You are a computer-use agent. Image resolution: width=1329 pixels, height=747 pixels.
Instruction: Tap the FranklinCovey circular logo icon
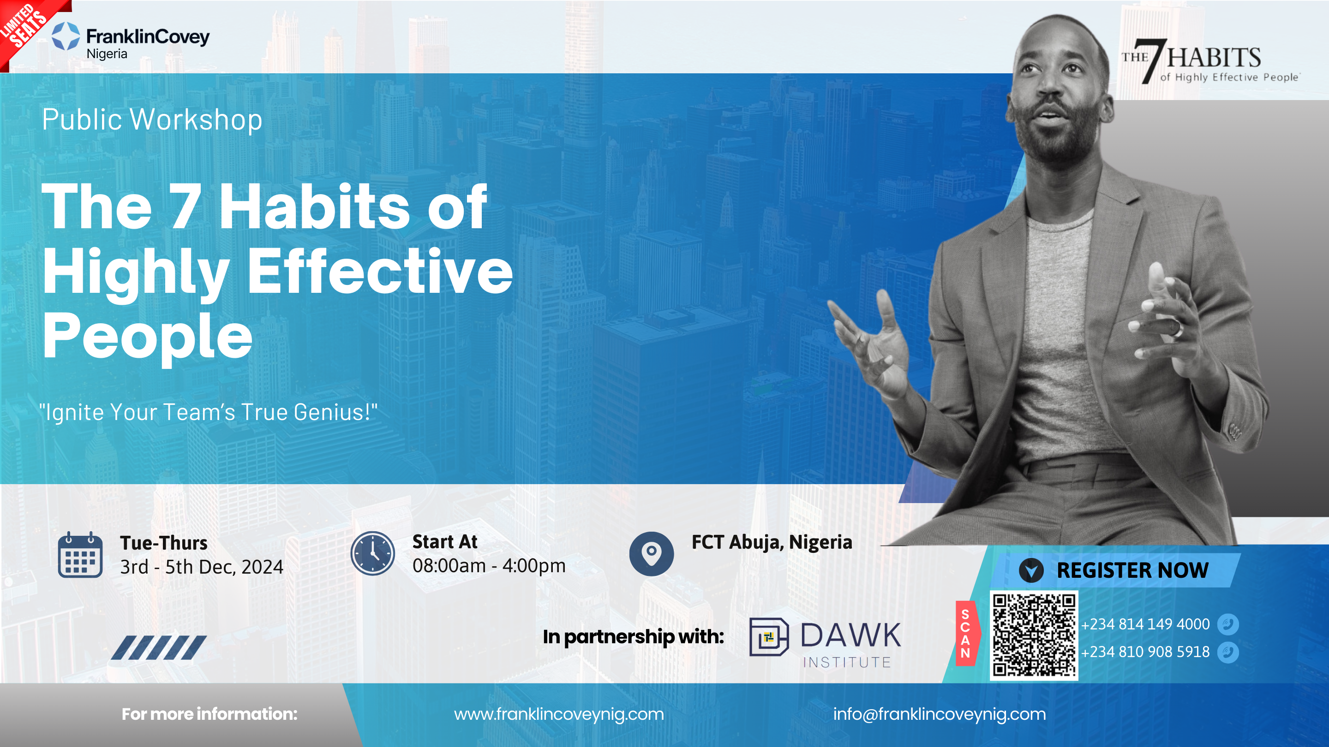[66, 36]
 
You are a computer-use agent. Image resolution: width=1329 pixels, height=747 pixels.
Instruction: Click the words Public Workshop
[152, 119]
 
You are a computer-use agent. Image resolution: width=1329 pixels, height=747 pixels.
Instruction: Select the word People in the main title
[148, 336]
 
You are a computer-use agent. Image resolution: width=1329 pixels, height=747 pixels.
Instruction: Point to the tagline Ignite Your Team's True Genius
[209, 412]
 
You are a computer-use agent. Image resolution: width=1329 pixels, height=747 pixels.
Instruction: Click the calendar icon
[80, 554]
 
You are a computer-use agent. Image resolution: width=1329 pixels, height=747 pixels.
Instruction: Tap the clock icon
[372, 554]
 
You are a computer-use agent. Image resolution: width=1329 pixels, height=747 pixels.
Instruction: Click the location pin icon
[652, 554]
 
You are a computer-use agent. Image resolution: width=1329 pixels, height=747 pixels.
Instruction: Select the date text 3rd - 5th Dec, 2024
[202, 567]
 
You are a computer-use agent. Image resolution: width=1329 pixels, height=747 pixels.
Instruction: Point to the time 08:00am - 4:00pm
[489, 565]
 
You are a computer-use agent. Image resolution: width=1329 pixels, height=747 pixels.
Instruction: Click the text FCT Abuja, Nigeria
[772, 542]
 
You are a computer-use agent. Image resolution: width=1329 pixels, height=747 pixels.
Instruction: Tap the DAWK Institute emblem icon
[769, 637]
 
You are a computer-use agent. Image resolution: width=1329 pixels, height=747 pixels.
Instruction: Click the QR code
[1034, 635]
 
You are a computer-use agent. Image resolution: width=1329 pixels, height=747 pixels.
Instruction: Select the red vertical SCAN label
[966, 634]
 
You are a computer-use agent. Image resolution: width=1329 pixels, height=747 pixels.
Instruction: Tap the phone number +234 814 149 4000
[1145, 624]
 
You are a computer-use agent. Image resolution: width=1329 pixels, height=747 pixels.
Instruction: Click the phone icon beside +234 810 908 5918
[1228, 652]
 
